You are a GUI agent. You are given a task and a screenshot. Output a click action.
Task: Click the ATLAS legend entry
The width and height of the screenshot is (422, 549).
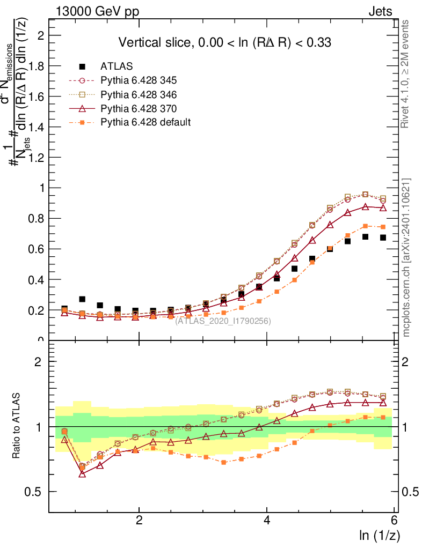117,66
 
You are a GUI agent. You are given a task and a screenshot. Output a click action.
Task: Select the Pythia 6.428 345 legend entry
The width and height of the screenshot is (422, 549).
139,80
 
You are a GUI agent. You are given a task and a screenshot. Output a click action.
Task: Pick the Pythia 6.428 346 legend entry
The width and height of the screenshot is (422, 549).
139,94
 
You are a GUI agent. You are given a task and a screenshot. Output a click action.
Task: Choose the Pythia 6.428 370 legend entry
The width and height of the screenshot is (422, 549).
139,108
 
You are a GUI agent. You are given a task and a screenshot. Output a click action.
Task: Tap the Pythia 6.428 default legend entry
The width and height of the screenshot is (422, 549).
145,122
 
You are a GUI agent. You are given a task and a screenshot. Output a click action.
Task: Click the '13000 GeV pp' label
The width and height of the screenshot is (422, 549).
97,12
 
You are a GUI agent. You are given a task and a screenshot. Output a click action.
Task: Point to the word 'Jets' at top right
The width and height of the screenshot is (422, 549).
380,12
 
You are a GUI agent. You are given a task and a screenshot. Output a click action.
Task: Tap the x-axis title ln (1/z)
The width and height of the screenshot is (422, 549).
380,535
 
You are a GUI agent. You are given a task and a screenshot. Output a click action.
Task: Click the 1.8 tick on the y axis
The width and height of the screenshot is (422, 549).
38,66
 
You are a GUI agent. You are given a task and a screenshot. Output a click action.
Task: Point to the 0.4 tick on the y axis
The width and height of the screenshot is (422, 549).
38,280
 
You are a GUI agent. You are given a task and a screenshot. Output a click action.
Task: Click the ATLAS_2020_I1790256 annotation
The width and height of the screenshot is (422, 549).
223,321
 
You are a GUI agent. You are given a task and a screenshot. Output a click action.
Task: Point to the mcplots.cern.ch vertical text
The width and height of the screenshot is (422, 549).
406,257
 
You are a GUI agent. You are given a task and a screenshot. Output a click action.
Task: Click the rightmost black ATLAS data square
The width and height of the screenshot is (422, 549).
383,238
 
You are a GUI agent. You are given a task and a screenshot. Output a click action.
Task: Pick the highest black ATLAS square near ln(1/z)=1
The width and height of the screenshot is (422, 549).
82,299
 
